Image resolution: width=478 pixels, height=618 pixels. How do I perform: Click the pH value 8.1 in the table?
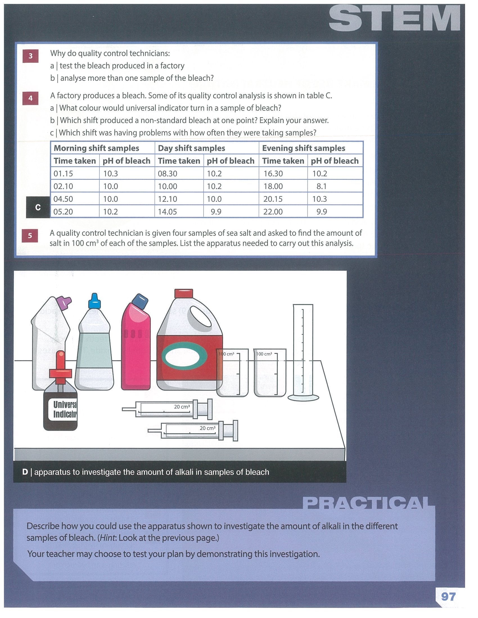pos(322,186)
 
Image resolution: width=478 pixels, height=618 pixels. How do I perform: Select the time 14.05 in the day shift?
pos(167,212)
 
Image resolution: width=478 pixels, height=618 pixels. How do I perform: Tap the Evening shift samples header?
pos(304,148)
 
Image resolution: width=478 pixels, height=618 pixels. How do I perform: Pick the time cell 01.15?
pos(63,173)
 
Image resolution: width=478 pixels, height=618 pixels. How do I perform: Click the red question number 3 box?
pos(31,56)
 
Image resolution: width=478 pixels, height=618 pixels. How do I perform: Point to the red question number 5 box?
pos(30,235)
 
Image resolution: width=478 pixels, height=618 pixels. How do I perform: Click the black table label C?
pos(38,207)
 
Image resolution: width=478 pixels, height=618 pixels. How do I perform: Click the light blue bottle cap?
pos(94,301)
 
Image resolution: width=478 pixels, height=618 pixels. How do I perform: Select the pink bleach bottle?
pos(136,342)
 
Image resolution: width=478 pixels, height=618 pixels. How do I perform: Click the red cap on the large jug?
pos(184,293)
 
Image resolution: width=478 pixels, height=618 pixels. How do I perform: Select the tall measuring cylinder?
pos(303,352)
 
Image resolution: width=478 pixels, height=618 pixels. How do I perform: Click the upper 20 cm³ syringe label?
pos(182,407)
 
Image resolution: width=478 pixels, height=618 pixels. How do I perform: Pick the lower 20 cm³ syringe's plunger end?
pos(235,430)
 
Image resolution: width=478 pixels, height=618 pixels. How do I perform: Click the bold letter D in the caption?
pos(25,472)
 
